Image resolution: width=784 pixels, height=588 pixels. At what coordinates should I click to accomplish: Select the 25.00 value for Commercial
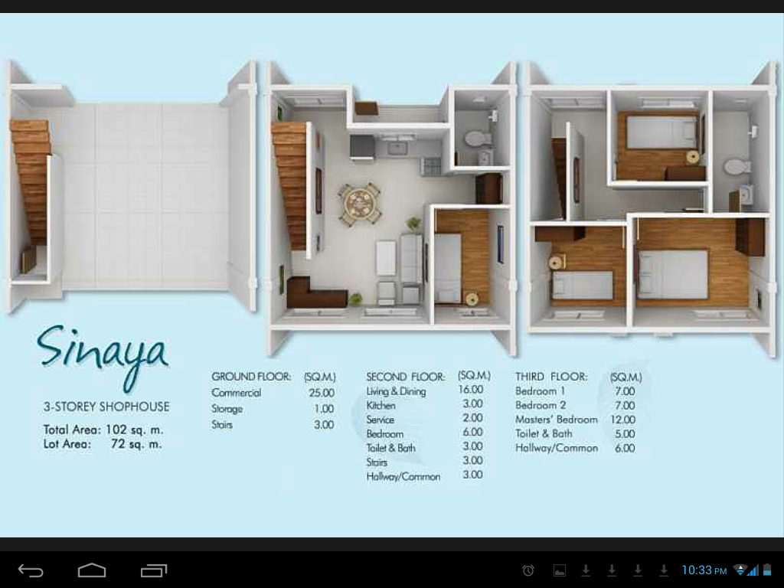coord(322,393)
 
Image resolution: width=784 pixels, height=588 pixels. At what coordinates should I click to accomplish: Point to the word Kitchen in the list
coord(381,406)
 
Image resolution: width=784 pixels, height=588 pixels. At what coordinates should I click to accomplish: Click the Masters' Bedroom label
coord(556,420)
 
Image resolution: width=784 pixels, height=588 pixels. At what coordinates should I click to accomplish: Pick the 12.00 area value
coord(623,420)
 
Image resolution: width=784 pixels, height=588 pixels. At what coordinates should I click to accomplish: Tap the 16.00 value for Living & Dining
coord(471,390)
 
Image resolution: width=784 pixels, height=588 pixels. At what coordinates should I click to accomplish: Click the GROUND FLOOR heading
coord(251,377)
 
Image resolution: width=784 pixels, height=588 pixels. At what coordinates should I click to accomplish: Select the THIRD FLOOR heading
coord(551,377)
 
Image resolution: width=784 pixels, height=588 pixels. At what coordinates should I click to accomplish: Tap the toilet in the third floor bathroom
coord(737,166)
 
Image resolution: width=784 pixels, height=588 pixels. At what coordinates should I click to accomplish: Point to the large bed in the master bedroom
coord(673,274)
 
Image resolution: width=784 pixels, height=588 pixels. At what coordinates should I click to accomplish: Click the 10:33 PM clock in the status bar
coord(704,570)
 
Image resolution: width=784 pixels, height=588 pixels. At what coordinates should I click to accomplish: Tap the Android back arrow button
coord(31,570)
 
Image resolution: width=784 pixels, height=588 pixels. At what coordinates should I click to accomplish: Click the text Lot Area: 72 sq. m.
coord(103,444)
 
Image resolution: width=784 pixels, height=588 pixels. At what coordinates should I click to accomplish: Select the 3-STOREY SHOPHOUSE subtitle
coord(106,407)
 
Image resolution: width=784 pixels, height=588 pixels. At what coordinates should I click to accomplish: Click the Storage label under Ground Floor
coord(227,409)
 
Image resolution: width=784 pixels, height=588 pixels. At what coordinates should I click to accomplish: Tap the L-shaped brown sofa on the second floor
coord(315,294)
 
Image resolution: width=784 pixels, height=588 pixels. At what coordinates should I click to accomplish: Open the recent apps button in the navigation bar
coord(154,570)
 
